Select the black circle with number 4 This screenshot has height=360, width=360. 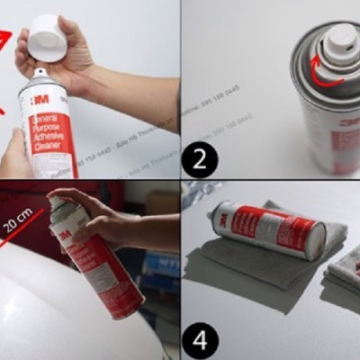point(199,341)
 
